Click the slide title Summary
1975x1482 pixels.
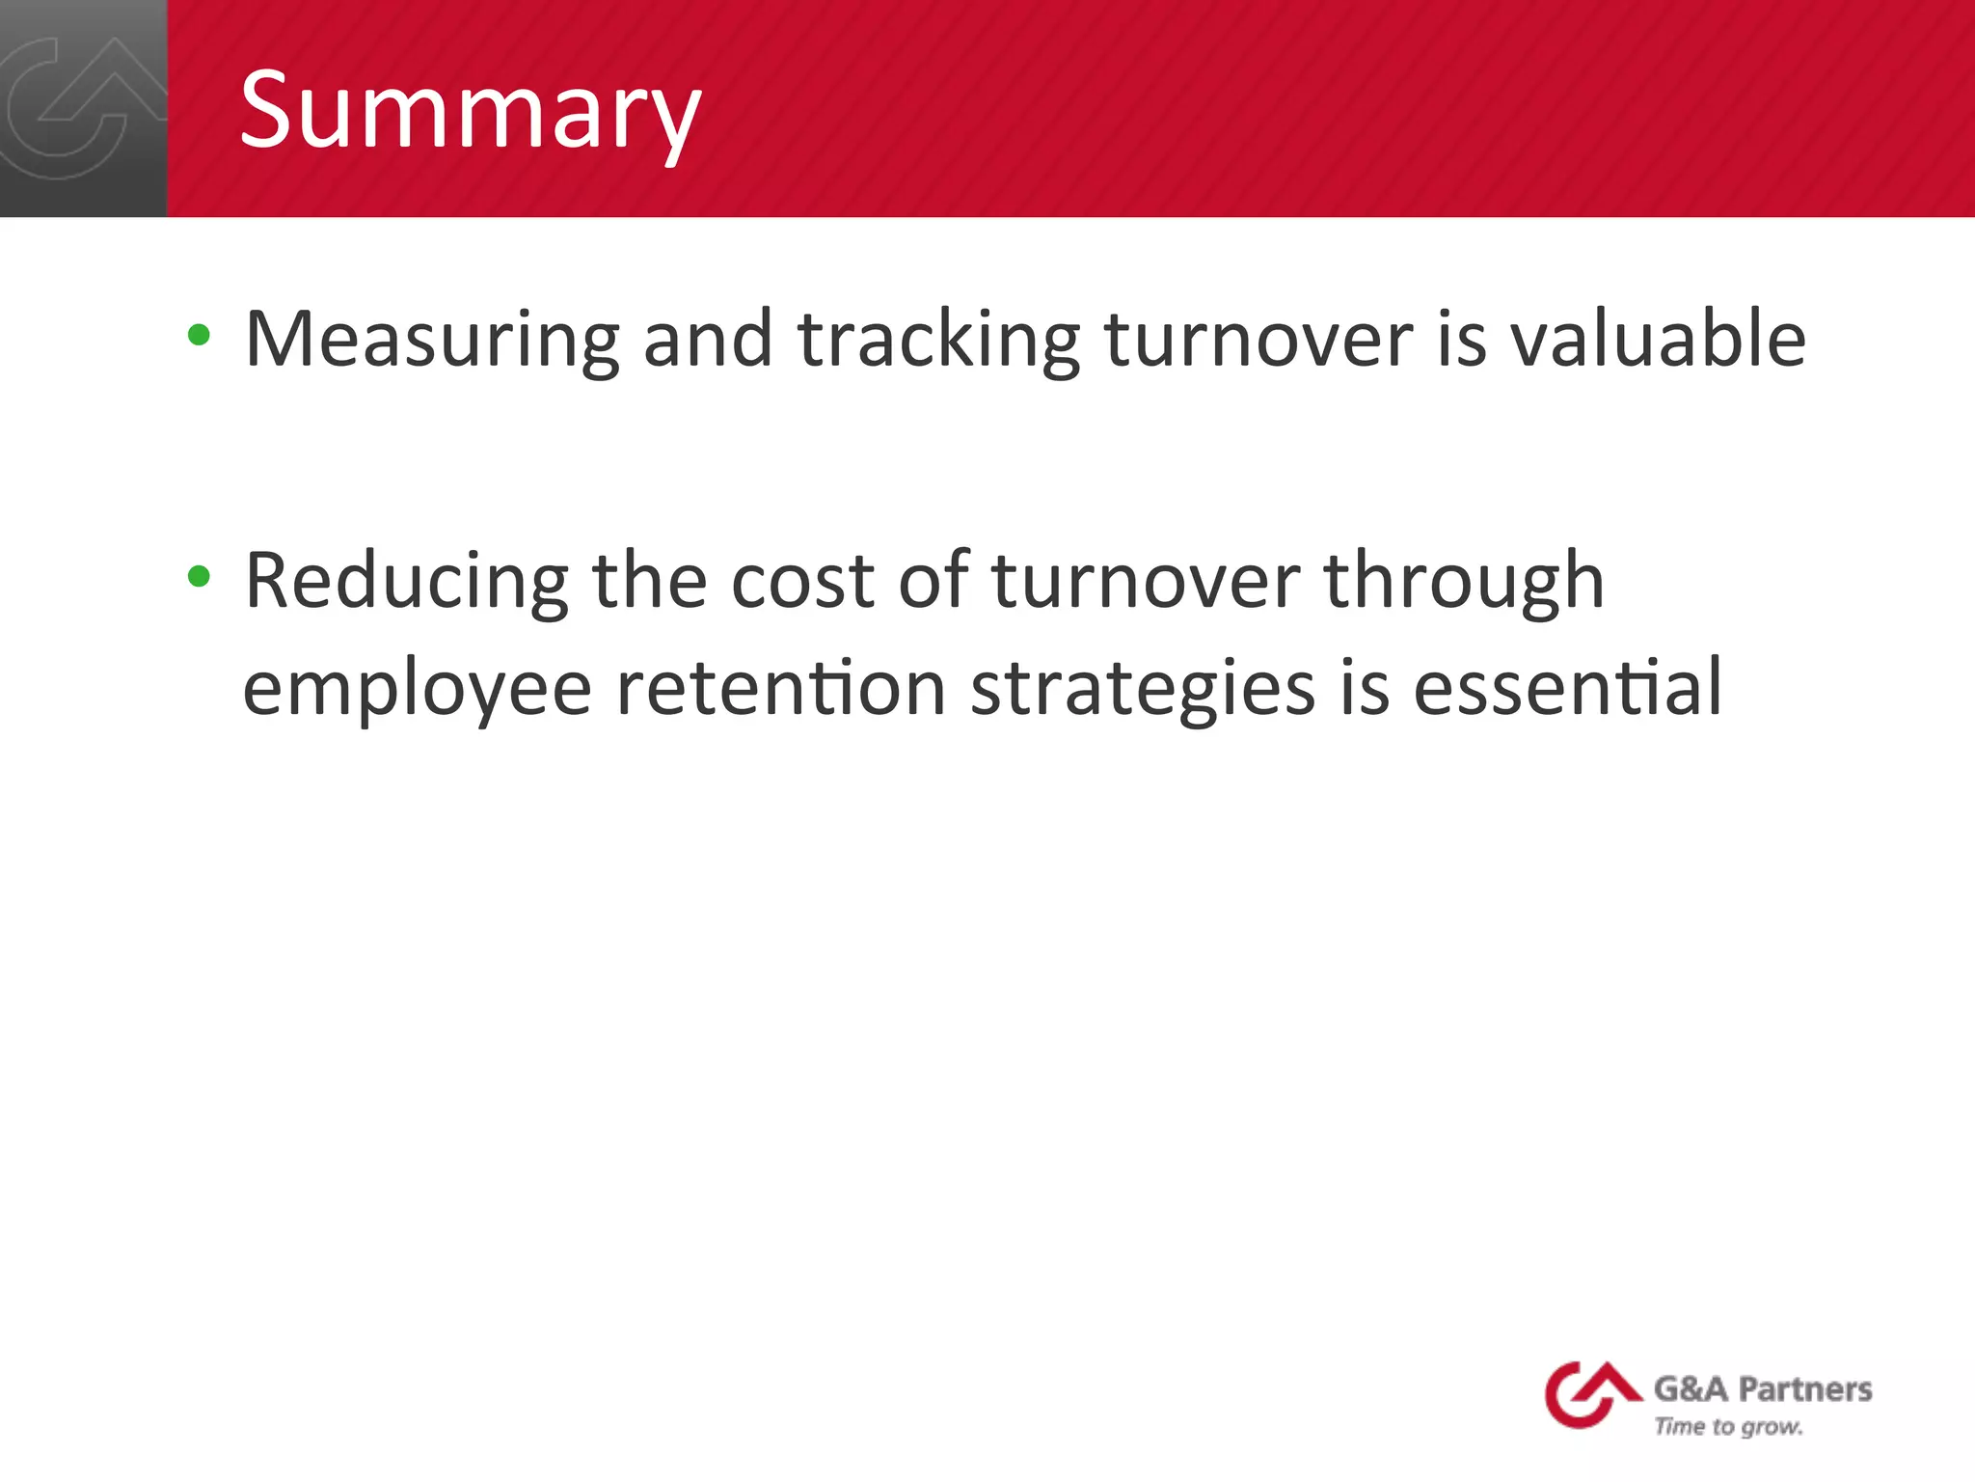[470, 111]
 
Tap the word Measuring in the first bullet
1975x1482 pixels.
[432, 340]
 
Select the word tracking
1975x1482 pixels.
[939, 340]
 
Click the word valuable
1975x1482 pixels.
[1657, 340]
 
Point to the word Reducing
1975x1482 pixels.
[406, 582]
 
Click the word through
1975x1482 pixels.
[1463, 582]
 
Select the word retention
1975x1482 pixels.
[780, 689]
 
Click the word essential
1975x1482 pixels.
[1567, 689]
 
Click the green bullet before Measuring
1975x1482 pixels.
[199, 336]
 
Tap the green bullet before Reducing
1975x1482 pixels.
[199, 577]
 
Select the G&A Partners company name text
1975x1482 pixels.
[1762, 1388]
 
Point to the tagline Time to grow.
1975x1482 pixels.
[1727, 1427]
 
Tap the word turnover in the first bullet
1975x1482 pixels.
[1258, 340]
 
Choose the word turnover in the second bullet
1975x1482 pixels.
[1146, 582]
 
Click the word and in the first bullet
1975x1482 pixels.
[708, 340]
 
